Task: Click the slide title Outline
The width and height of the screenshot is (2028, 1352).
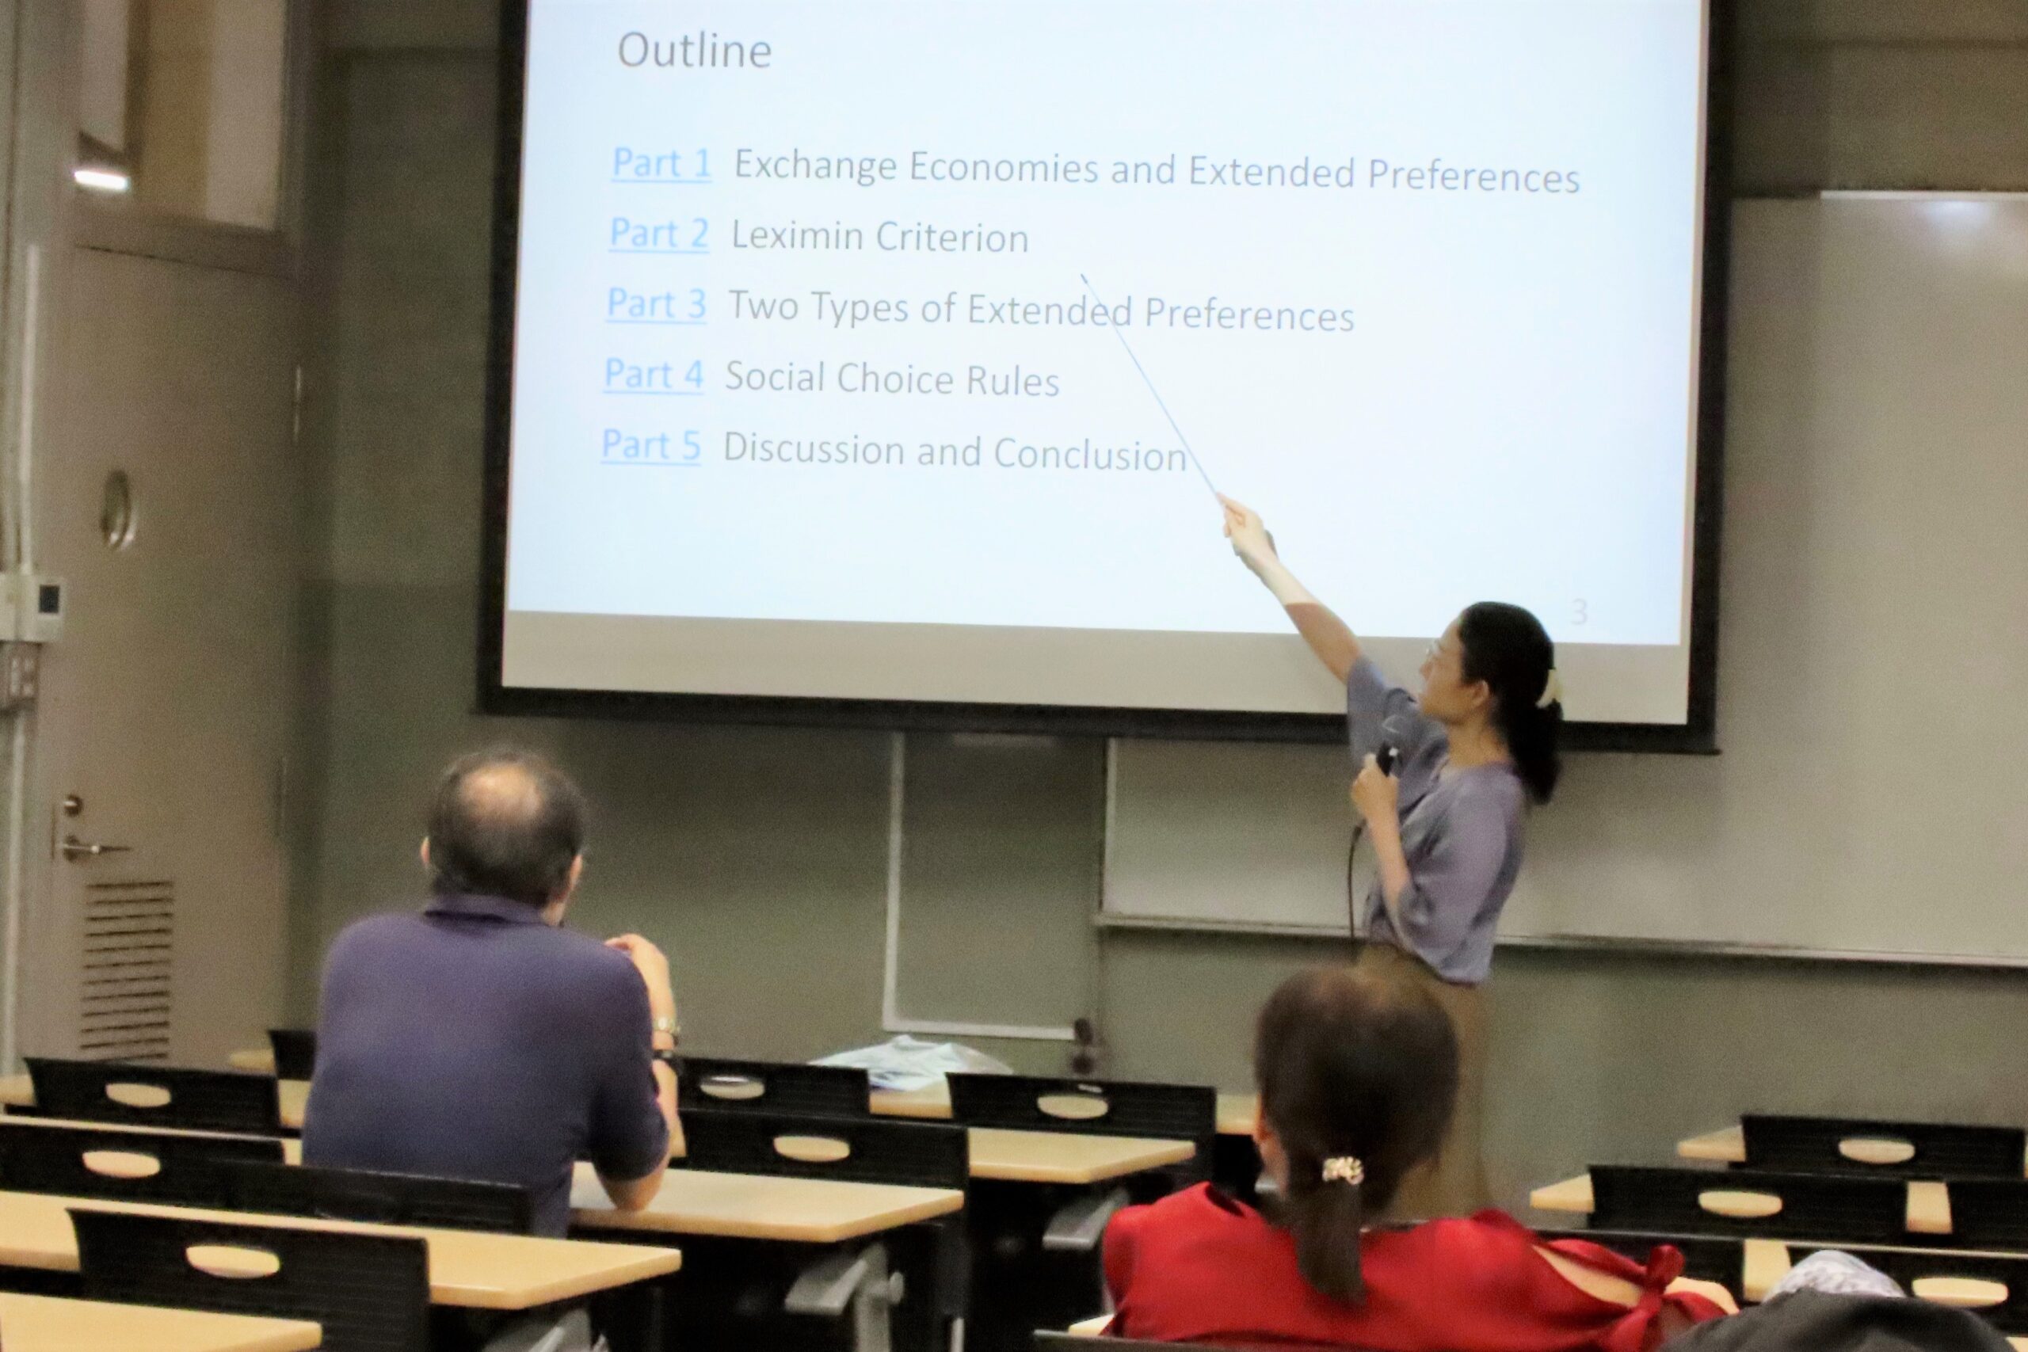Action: [x=694, y=51]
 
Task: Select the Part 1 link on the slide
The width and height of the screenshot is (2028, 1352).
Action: [x=661, y=163]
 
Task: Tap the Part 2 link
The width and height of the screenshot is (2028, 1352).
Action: [x=659, y=233]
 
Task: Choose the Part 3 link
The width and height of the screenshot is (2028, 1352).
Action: [x=656, y=303]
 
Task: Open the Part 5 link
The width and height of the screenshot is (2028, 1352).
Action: [x=651, y=446]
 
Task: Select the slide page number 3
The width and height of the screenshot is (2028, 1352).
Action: [x=1578, y=612]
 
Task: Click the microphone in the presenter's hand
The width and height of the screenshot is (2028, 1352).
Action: [x=1386, y=757]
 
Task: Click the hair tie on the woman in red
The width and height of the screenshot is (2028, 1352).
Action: [x=1343, y=1170]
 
